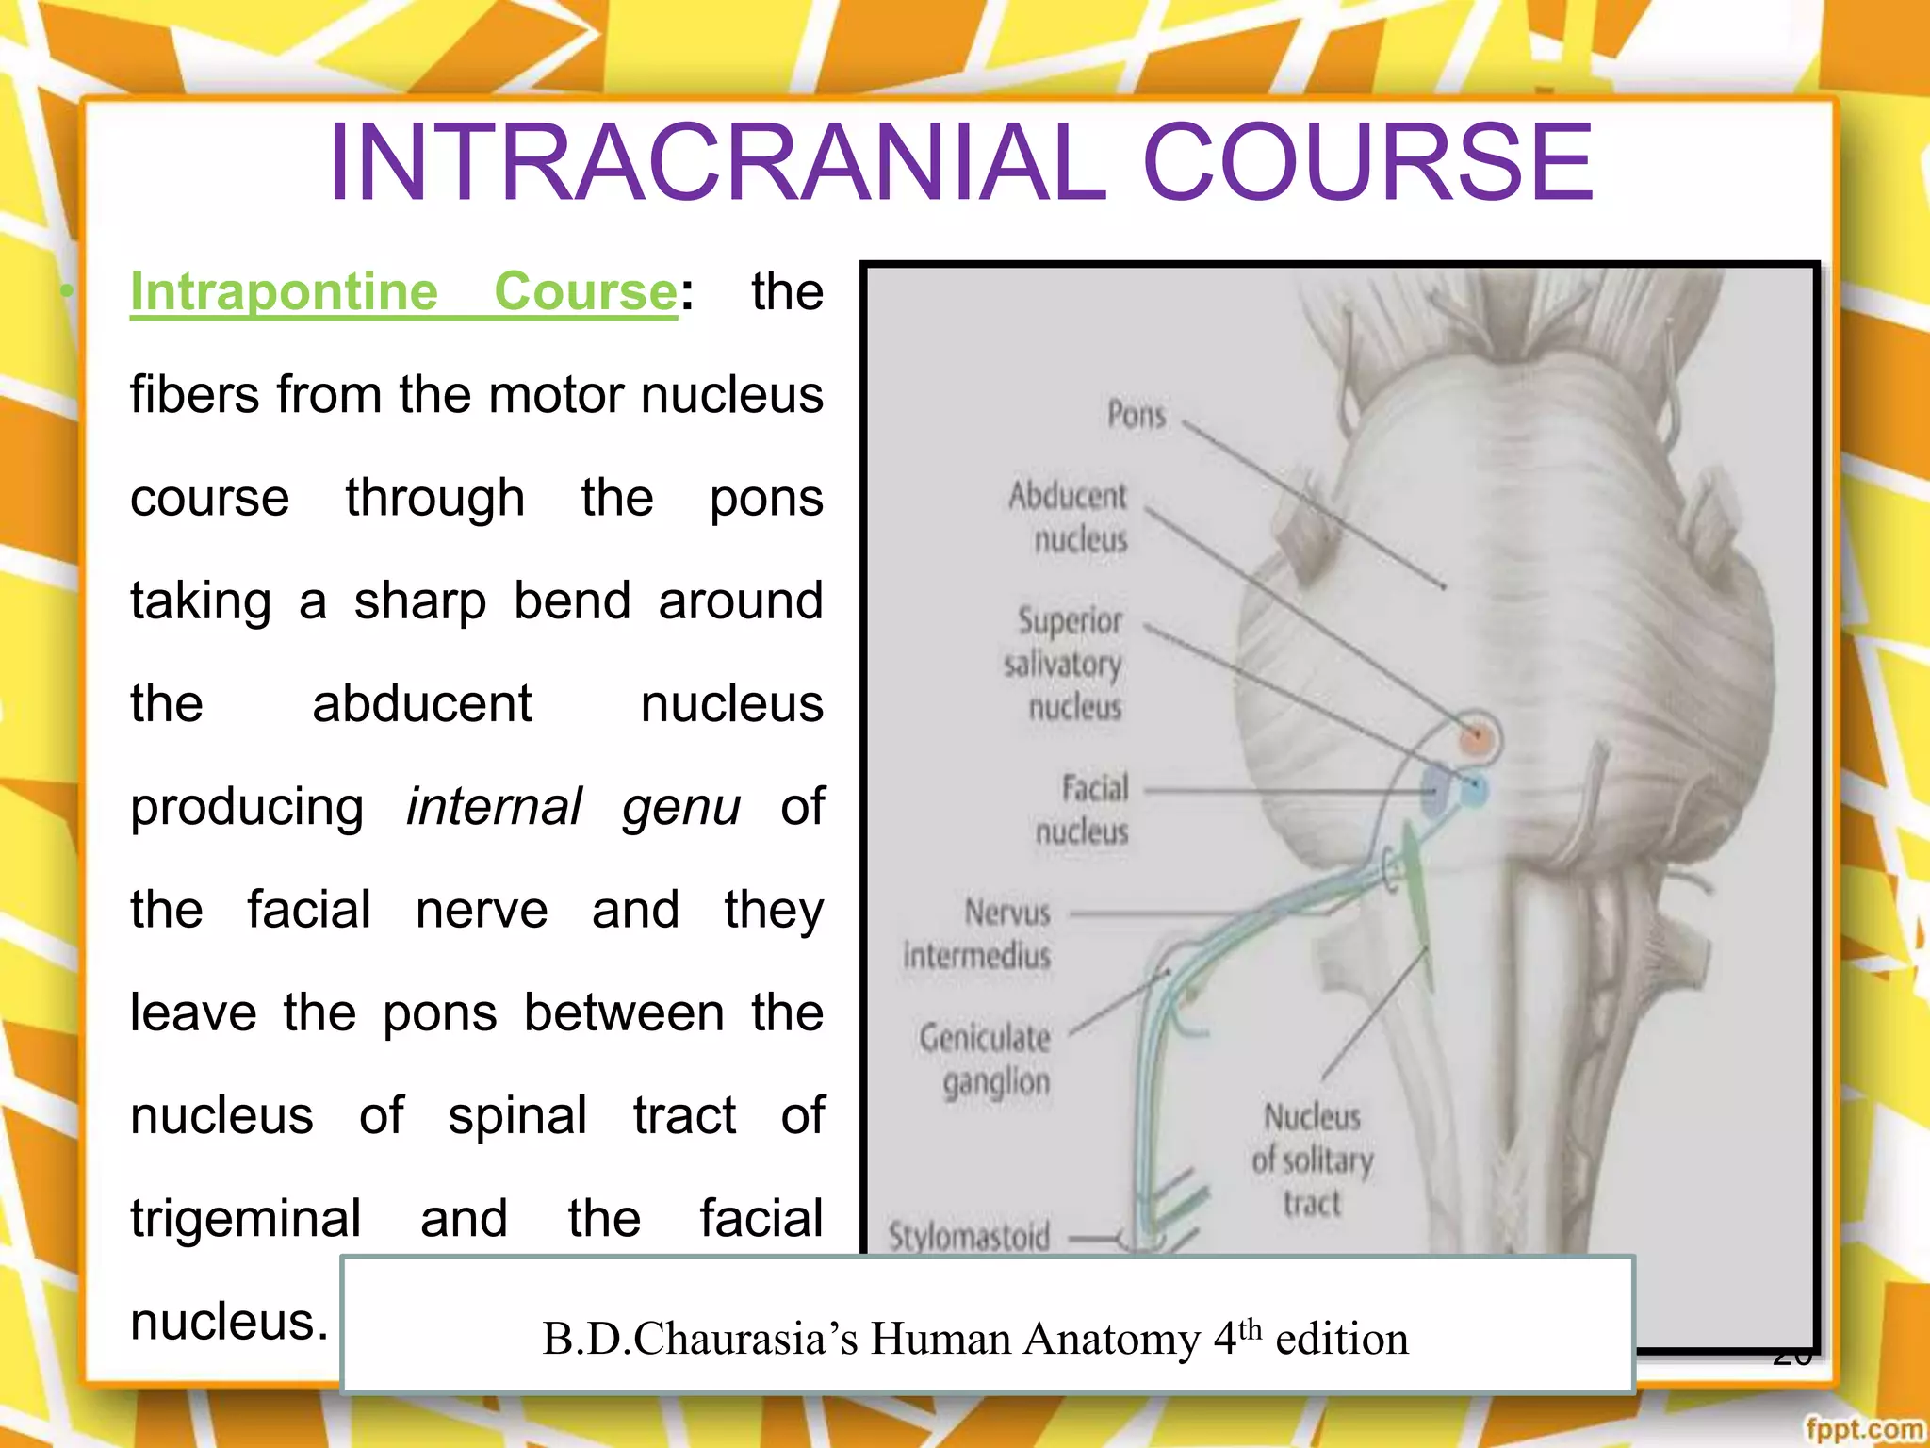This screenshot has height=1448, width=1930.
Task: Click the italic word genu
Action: point(680,807)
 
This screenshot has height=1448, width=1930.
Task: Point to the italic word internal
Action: point(494,807)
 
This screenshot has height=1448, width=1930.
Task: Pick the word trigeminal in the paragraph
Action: point(245,1218)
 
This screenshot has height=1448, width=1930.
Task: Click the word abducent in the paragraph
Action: point(421,704)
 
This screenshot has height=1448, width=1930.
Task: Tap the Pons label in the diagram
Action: point(1137,415)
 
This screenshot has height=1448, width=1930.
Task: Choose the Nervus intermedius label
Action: point(980,934)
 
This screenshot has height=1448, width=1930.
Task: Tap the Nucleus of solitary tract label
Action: point(1312,1160)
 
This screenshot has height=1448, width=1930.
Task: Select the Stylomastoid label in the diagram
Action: point(969,1236)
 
